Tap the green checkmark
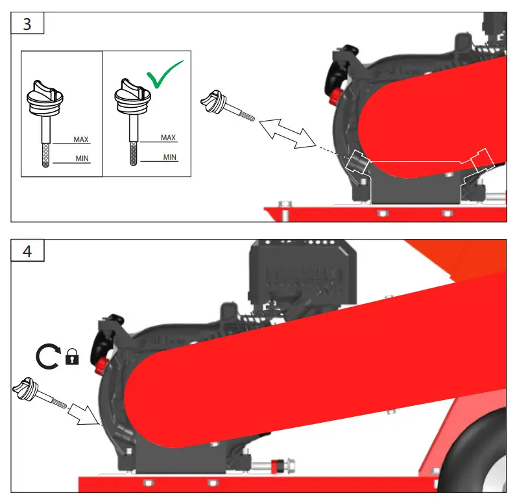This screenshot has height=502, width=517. click(x=164, y=74)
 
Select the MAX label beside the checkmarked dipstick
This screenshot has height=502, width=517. click(x=169, y=138)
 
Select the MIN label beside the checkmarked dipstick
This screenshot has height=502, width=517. click(x=170, y=157)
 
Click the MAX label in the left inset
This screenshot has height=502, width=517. click(x=81, y=140)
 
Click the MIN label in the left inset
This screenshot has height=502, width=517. click(x=82, y=158)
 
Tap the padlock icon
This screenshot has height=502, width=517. click(x=71, y=357)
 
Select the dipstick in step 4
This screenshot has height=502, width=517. click(x=37, y=394)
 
